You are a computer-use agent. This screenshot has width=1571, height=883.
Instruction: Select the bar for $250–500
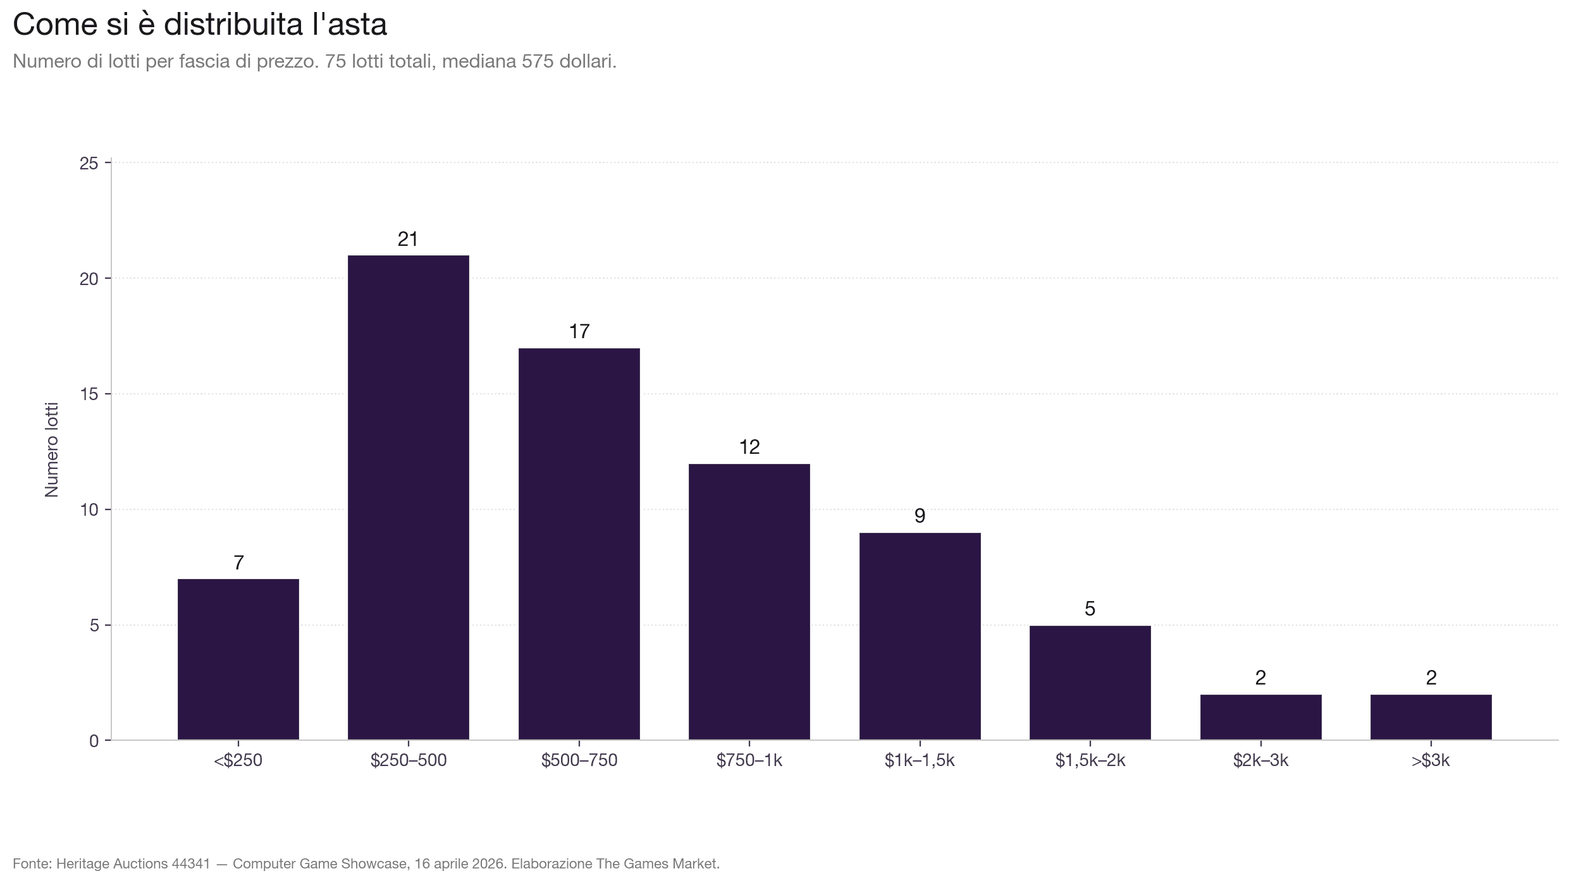409,497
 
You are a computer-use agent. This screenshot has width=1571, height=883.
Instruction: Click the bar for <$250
238,659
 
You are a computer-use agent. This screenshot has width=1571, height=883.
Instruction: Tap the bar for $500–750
579,544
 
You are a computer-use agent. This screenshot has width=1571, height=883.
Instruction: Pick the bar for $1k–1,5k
920,636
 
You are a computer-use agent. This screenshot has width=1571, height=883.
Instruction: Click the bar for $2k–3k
1260,717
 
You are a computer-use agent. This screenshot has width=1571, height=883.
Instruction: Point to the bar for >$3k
1431,717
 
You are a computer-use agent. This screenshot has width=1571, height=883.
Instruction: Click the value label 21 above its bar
408,240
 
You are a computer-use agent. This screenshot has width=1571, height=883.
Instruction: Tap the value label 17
579,332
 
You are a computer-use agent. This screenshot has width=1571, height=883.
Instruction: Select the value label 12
749,448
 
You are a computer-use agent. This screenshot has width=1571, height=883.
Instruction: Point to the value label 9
920,516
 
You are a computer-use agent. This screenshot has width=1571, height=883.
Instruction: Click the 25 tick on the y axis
89,164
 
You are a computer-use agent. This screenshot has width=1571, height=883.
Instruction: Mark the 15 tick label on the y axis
89,394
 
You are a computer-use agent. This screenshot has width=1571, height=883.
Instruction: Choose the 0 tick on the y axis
94,741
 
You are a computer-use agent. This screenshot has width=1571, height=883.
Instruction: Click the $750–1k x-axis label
749,760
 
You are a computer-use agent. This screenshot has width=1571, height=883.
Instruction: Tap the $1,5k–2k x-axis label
1090,760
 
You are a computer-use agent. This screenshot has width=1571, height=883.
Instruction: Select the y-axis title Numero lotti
52,449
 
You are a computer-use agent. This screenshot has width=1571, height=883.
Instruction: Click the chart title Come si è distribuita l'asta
200,25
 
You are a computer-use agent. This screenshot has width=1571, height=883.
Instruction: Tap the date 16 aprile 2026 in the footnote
460,863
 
